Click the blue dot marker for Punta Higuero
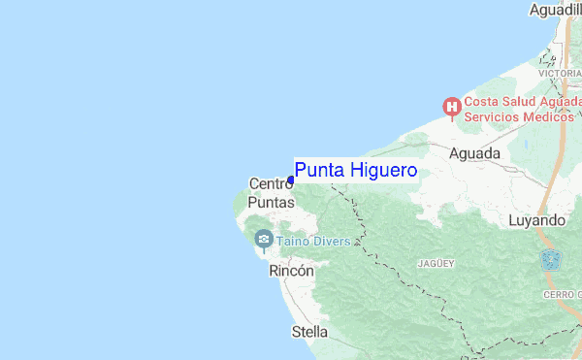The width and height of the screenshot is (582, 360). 291,180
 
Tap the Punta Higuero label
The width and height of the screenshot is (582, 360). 356,171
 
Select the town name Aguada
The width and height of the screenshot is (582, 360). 475,153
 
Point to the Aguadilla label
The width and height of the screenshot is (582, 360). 555,10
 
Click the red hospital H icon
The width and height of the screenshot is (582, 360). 451,107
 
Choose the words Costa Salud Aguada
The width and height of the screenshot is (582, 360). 522,100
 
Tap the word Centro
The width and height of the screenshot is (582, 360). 271,183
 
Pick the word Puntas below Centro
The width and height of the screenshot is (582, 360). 271,203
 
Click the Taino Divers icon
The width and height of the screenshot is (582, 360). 263,239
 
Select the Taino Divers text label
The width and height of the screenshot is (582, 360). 313,240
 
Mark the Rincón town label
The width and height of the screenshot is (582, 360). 291,272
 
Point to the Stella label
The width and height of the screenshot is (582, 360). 309,332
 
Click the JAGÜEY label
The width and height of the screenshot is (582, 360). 436,263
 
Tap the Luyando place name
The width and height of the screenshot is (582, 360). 536,220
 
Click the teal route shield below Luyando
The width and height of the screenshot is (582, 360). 551,260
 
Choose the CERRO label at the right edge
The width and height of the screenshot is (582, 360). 563,294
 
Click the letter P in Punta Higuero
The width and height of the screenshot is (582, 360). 301,171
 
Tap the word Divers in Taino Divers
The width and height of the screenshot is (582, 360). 331,240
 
